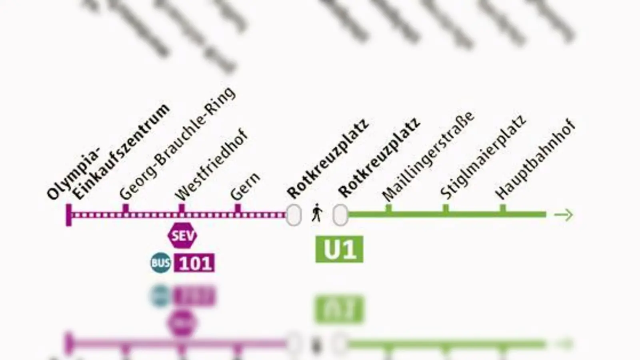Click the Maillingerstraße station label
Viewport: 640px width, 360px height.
point(428,156)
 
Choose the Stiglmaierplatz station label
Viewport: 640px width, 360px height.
point(483,157)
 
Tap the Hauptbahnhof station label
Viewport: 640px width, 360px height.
point(535,159)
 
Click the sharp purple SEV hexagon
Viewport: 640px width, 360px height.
point(182,236)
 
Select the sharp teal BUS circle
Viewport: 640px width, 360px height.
point(160,263)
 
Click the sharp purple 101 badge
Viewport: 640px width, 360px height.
point(194,263)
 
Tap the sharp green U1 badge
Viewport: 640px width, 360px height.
point(339,249)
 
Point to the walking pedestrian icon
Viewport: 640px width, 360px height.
point(317,213)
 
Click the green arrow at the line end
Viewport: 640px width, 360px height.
point(564,215)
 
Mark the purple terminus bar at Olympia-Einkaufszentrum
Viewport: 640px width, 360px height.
point(69,215)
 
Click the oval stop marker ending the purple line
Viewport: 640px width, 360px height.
point(294,215)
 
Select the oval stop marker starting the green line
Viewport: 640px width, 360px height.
point(340,215)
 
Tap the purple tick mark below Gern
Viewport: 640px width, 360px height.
point(238,209)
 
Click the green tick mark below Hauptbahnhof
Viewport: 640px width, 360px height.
point(503,208)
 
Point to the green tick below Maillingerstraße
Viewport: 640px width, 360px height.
point(388,208)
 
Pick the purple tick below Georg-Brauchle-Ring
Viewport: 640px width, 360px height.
point(125,209)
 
